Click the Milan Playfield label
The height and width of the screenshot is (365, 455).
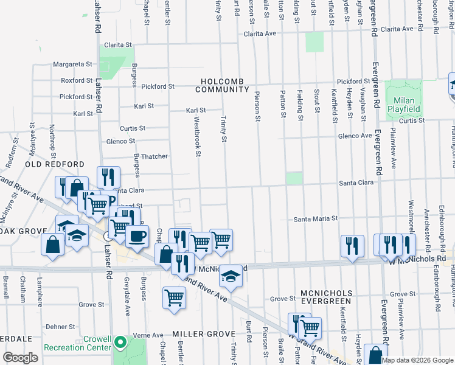[x=404, y=104]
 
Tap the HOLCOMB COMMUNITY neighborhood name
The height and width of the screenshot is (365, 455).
[x=222, y=85]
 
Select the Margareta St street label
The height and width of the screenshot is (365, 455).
[x=72, y=64]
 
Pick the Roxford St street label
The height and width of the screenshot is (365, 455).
[x=76, y=80]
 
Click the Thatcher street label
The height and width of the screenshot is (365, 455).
[x=155, y=156]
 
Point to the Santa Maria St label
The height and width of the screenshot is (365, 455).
[x=316, y=218]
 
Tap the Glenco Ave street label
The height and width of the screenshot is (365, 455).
[x=355, y=136]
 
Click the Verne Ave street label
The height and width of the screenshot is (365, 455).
[x=149, y=335]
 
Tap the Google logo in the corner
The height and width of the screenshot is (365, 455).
[x=20, y=358]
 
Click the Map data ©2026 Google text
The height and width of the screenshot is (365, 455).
[x=418, y=360]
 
